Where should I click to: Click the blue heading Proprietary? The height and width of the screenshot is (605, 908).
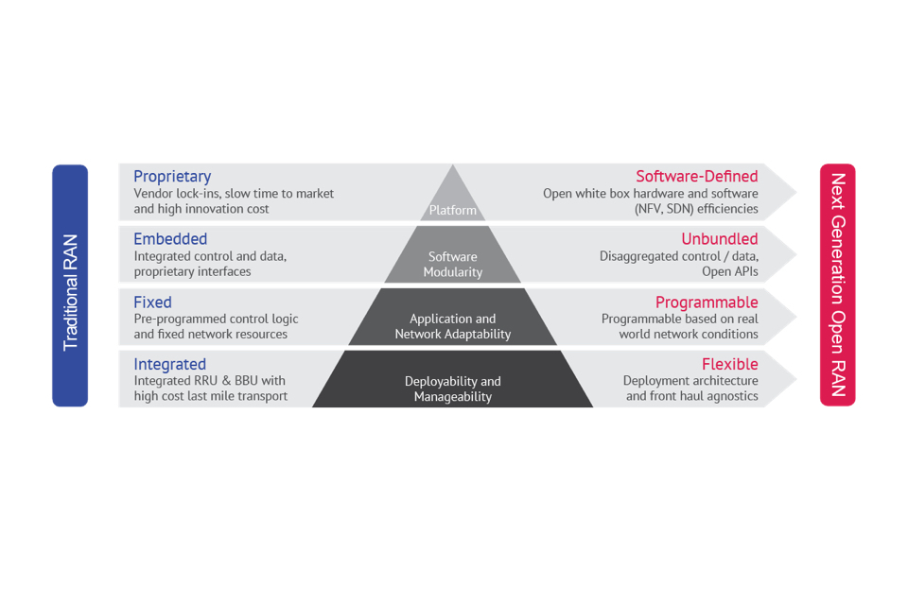tap(172, 177)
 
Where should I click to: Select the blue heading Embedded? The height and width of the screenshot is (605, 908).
tap(170, 239)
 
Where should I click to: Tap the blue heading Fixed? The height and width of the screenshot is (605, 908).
tap(152, 302)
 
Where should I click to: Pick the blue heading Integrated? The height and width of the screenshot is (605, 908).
tap(170, 364)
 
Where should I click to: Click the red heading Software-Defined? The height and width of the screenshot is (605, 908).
tap(696, 177)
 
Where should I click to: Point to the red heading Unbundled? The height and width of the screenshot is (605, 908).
tap(719, 239)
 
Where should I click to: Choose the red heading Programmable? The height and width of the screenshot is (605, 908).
tap(707, 302)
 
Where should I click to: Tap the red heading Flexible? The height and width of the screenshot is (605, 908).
tap(729, 364)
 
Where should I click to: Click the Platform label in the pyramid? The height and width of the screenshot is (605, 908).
tap(453, 210)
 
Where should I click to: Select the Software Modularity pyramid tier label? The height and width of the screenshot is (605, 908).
tap(453, 264)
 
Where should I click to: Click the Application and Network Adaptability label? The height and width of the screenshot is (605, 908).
tap(453, 326)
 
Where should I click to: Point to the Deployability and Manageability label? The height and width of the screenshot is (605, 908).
tap(453, 389)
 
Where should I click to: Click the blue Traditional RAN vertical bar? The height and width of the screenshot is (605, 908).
tap(70, 285)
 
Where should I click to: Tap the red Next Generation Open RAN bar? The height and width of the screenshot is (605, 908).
tap(837, 285)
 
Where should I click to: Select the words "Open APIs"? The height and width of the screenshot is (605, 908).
tap(729, 271)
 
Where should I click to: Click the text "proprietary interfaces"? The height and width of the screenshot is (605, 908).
tap(192, 271)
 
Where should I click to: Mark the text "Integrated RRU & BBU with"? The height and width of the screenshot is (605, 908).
tap(209, 381)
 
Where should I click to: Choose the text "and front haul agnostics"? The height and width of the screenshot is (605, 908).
tap(691, 396)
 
